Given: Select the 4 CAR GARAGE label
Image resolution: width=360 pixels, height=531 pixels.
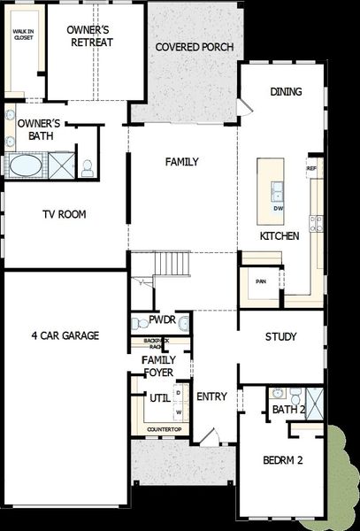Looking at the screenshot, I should tap(65, 335).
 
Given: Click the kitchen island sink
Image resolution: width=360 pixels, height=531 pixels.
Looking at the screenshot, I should tap(278, 189).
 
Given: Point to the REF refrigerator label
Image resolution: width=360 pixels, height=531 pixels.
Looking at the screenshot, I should tap(311, 167).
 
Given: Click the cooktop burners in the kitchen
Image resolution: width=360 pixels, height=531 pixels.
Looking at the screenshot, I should tap(316, 223).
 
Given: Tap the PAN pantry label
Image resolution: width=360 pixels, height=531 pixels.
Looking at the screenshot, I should tap(260, 281).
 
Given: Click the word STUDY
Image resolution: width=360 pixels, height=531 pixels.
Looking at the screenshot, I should tap(280, 337).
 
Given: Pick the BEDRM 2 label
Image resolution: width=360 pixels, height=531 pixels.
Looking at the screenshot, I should tap(283, 460).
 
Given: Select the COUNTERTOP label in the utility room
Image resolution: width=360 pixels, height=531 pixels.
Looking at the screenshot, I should tap(164, 430).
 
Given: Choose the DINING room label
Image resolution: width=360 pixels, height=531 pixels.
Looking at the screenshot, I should tap(286, 91).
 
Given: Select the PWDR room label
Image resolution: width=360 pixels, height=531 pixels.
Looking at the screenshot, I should tap(162, 319).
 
